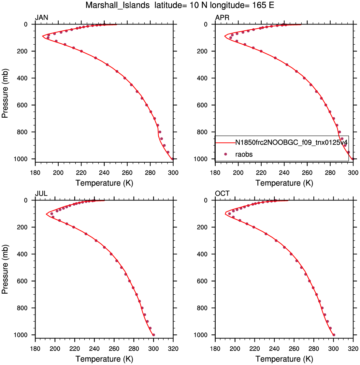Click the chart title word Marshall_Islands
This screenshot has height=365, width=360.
(x=118, y=5)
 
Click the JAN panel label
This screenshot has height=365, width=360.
(x=41, y=18)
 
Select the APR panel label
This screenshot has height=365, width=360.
(x=222, y=18)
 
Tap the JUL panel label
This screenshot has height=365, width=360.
(x=41, y=194)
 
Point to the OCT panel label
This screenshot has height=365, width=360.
(x=222, y=194)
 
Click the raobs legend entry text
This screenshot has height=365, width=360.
(x=244, y=154)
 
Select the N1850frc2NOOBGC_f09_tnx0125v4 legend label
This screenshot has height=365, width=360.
(x=291, y=142)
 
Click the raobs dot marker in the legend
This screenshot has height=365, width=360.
(x=225, y=154)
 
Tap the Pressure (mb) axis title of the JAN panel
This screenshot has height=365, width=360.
(x=5, y=93)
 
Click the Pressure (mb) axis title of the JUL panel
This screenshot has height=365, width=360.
(x=5, y=269)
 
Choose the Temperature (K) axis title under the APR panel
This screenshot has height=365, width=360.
(x=284, y=183)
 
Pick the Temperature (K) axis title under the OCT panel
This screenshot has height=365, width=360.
(x=284, y=359)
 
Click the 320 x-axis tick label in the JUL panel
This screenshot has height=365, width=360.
(x=173, y=349)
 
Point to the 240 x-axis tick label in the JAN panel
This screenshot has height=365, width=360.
(x=104, y=173)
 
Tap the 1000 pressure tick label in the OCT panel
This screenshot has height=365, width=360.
(x=201, y=335)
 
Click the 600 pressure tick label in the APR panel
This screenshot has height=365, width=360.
(x=202, y=105)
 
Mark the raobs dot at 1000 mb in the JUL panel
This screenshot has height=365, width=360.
(x=153, y=335)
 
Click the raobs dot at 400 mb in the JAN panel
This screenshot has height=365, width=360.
(x=125, y=78)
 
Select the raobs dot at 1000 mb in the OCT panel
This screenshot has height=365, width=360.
(x=334, y=335)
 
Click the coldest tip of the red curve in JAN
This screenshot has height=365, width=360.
(x=42, y=36)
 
